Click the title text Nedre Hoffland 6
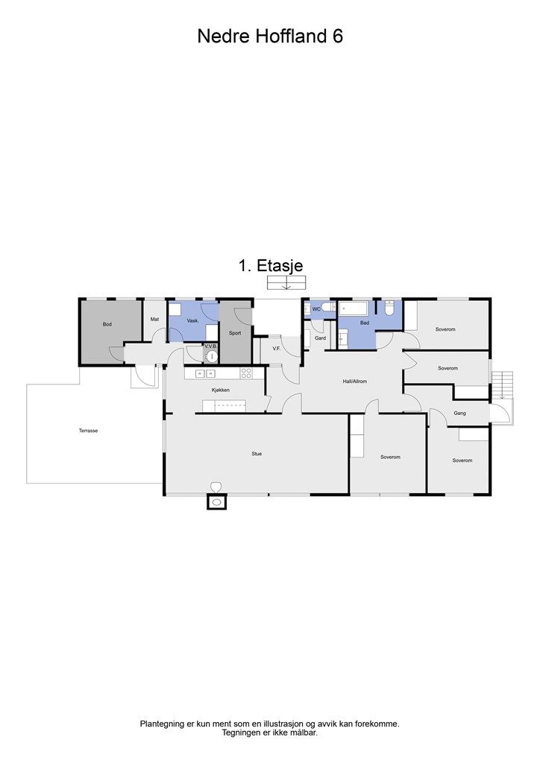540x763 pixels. pos(270,36)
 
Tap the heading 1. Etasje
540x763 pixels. pos(270,265)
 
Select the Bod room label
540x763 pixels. pos(107,324)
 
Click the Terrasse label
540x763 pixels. pos(89,431)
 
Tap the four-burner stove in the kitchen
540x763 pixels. pos(246,373)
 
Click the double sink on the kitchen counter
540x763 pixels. pos(200,373)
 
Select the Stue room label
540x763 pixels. pos(257,453)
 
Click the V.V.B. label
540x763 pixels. pos(211,346)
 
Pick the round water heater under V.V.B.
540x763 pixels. pos(212,356)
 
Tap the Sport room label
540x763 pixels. pos(235,333)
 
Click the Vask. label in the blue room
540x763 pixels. pos(192,320)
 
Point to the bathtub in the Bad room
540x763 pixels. pos(354,307)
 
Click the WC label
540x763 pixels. pos(316,308)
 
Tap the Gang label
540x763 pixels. pos(459,412)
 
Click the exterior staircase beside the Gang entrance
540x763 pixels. pos(503,385)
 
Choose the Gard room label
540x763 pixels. pos(321,338)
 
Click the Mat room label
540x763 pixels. pos(154,319)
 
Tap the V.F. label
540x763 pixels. pos(276,348)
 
